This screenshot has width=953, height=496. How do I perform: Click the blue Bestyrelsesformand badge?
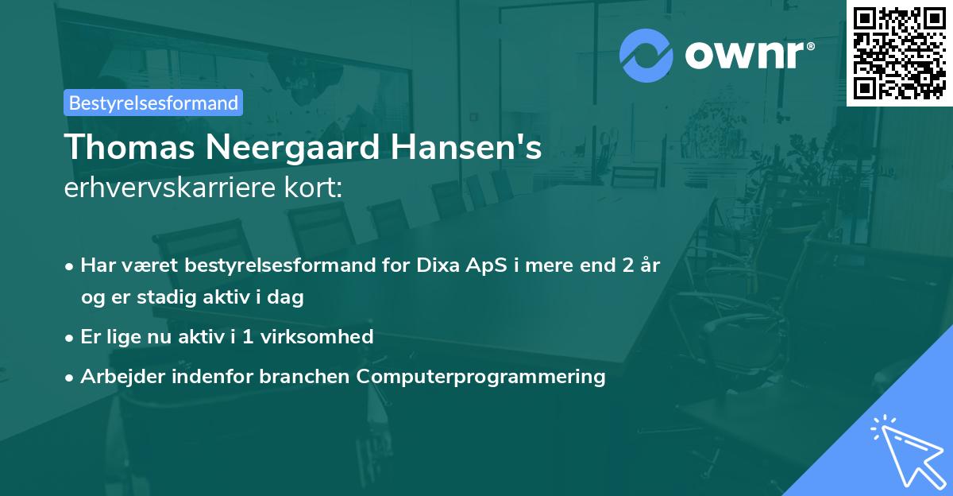[153, 103]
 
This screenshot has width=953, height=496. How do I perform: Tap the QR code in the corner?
[900, 53]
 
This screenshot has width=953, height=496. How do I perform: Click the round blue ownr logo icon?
[646, 56]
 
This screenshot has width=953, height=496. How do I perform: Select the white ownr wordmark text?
[750, 55]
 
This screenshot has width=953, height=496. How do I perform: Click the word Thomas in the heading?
[129, 147]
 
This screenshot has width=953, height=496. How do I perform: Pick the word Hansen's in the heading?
[466, 147]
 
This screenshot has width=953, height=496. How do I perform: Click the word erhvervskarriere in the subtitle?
[169, 188]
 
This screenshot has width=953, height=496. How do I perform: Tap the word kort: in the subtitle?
[313, 188]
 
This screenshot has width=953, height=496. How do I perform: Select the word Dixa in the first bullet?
[438, 265]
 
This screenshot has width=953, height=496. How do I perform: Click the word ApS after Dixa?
[486, 266]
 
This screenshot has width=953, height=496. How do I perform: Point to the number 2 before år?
[628, 265]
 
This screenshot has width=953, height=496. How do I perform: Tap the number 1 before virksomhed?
[248, 337]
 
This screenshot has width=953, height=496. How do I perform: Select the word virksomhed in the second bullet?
[317, 336]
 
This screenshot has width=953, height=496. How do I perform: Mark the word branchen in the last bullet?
[304, 376]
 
